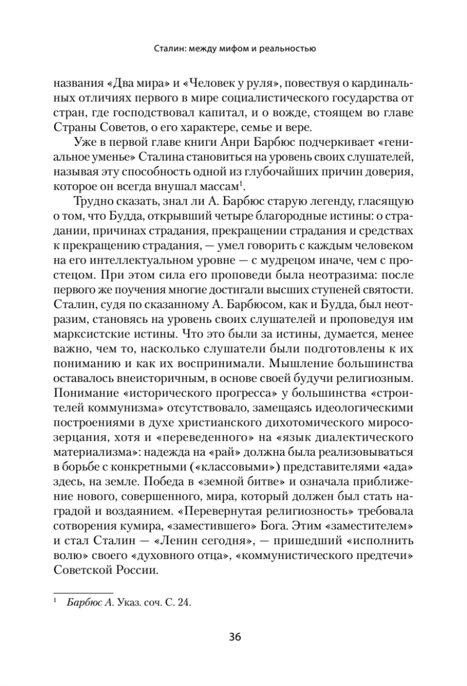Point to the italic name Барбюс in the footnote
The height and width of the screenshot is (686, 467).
[81, 602]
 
